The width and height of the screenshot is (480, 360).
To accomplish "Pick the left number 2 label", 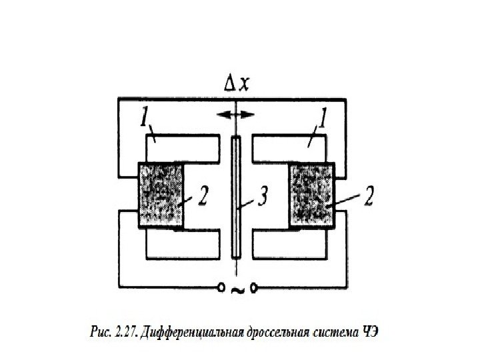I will (x=205, y=198).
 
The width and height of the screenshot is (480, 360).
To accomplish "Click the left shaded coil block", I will (x=161, y=195).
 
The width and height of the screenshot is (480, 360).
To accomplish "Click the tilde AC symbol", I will (x=236, y=289).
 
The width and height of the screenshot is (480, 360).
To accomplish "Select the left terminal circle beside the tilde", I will (x=220, y=287).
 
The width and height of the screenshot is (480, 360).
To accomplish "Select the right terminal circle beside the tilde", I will (x=253, y=287).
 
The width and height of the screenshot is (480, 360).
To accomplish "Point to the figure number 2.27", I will (x=120, y=332).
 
